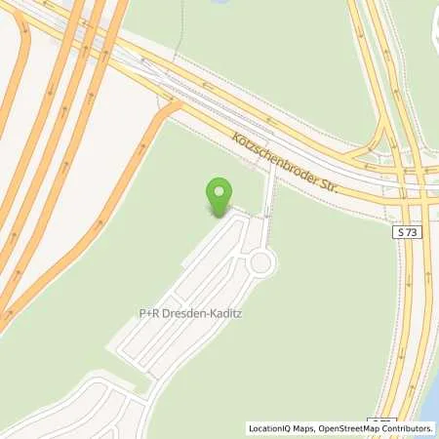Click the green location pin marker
pyautogui.click(x=220, y=195)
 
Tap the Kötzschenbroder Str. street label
pyautogui.click(x=286, y=162)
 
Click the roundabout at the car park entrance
pyautogui.click(x=260, y=261)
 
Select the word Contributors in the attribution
pyautogui.click(x=409, y=427)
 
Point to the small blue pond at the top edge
pyautogui.click(x=219, y=2)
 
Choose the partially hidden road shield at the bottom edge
pyautogui.click(x=380, y=420)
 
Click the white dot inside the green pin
pyautogui.click(x=220, y=189)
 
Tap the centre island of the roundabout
pyautogui.click(x=260, y=261)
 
